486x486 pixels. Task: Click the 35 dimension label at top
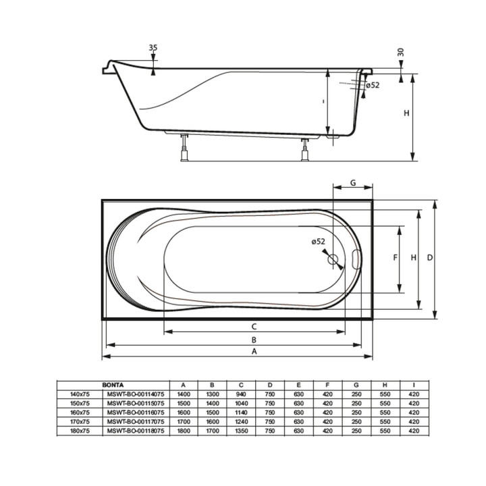click(x=153, y=47)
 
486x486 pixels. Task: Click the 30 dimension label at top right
click(x=401, y=52)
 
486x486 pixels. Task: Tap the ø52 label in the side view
click(x=372, y=85)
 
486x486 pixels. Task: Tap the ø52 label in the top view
click(x=319, y=242)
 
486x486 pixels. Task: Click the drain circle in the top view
click(x=333, y=259)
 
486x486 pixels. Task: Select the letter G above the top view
click(x=353, y=183)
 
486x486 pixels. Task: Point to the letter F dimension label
click(x=395, y=257)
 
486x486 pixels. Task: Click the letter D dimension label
click(x=429, y=257)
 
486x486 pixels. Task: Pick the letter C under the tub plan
click(x=254, y=327)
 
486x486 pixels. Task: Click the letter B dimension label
click(x=254, y=340)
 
